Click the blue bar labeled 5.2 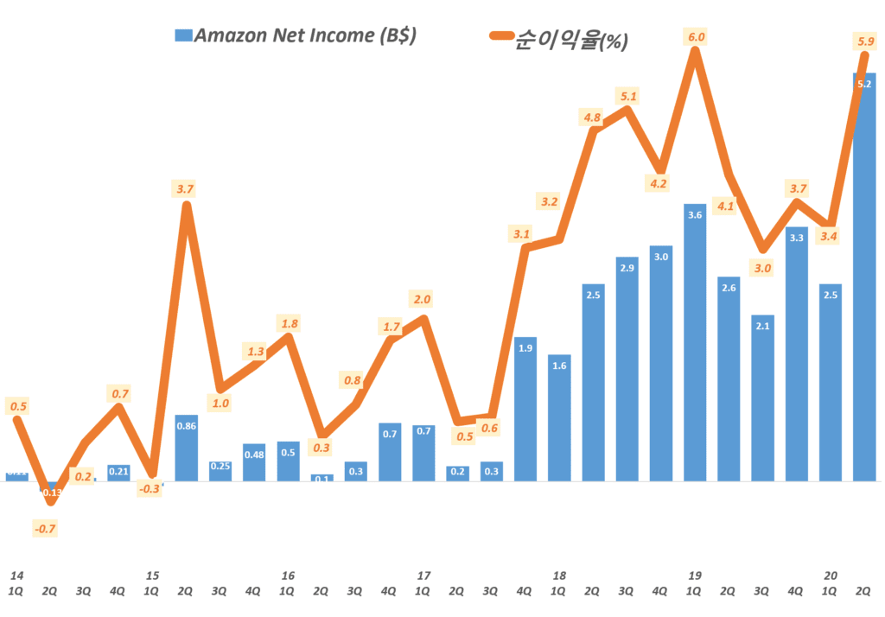tap(863, 277)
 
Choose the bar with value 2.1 tap(762, 398)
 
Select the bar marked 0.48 tap(254, 462)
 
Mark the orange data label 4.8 tap(592, 118)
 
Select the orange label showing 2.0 tap(423, 299)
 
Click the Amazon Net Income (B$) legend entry tap(295, 35)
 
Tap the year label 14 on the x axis tap(16, 576)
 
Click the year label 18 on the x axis tap(559, 576)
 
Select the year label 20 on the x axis tap(831, 576)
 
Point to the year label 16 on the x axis tap(288, 576)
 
